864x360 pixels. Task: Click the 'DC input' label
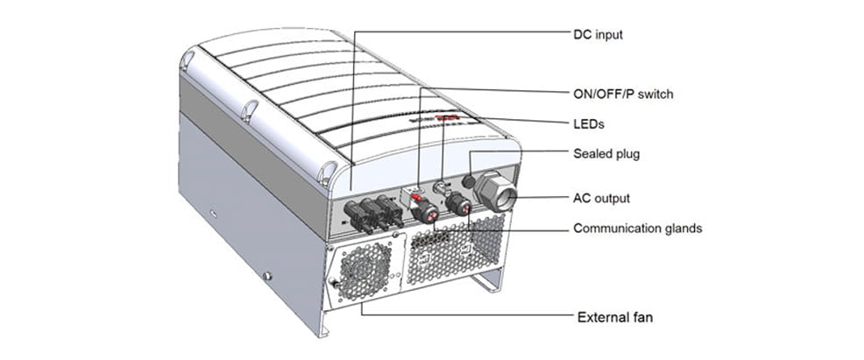598,35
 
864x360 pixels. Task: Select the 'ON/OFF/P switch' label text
623,93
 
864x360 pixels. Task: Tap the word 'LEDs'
588,124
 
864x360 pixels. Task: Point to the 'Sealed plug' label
606,153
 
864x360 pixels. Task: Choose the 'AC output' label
601,198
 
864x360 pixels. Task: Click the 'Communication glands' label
637,229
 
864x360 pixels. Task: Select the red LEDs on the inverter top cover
448,116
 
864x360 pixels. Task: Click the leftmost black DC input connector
348,213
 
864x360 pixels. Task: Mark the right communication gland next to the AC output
457,205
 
